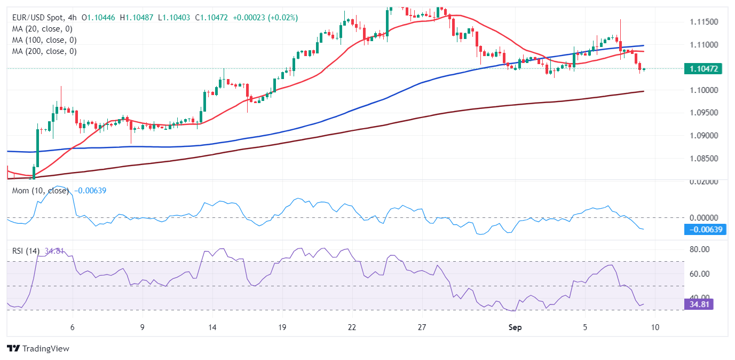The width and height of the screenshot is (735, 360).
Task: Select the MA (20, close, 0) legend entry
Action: (42, 29)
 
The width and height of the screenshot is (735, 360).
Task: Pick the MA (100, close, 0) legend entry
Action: (44, 40)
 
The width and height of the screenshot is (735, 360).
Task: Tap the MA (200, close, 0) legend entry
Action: (44, 51)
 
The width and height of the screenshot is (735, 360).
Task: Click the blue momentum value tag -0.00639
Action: (705, 230)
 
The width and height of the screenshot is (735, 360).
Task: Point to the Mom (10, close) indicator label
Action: (41, 191)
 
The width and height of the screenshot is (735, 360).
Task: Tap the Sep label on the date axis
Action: (515, 327)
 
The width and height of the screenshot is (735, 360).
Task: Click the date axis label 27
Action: (422, 327)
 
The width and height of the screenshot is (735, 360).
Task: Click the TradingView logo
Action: (38, 348)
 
